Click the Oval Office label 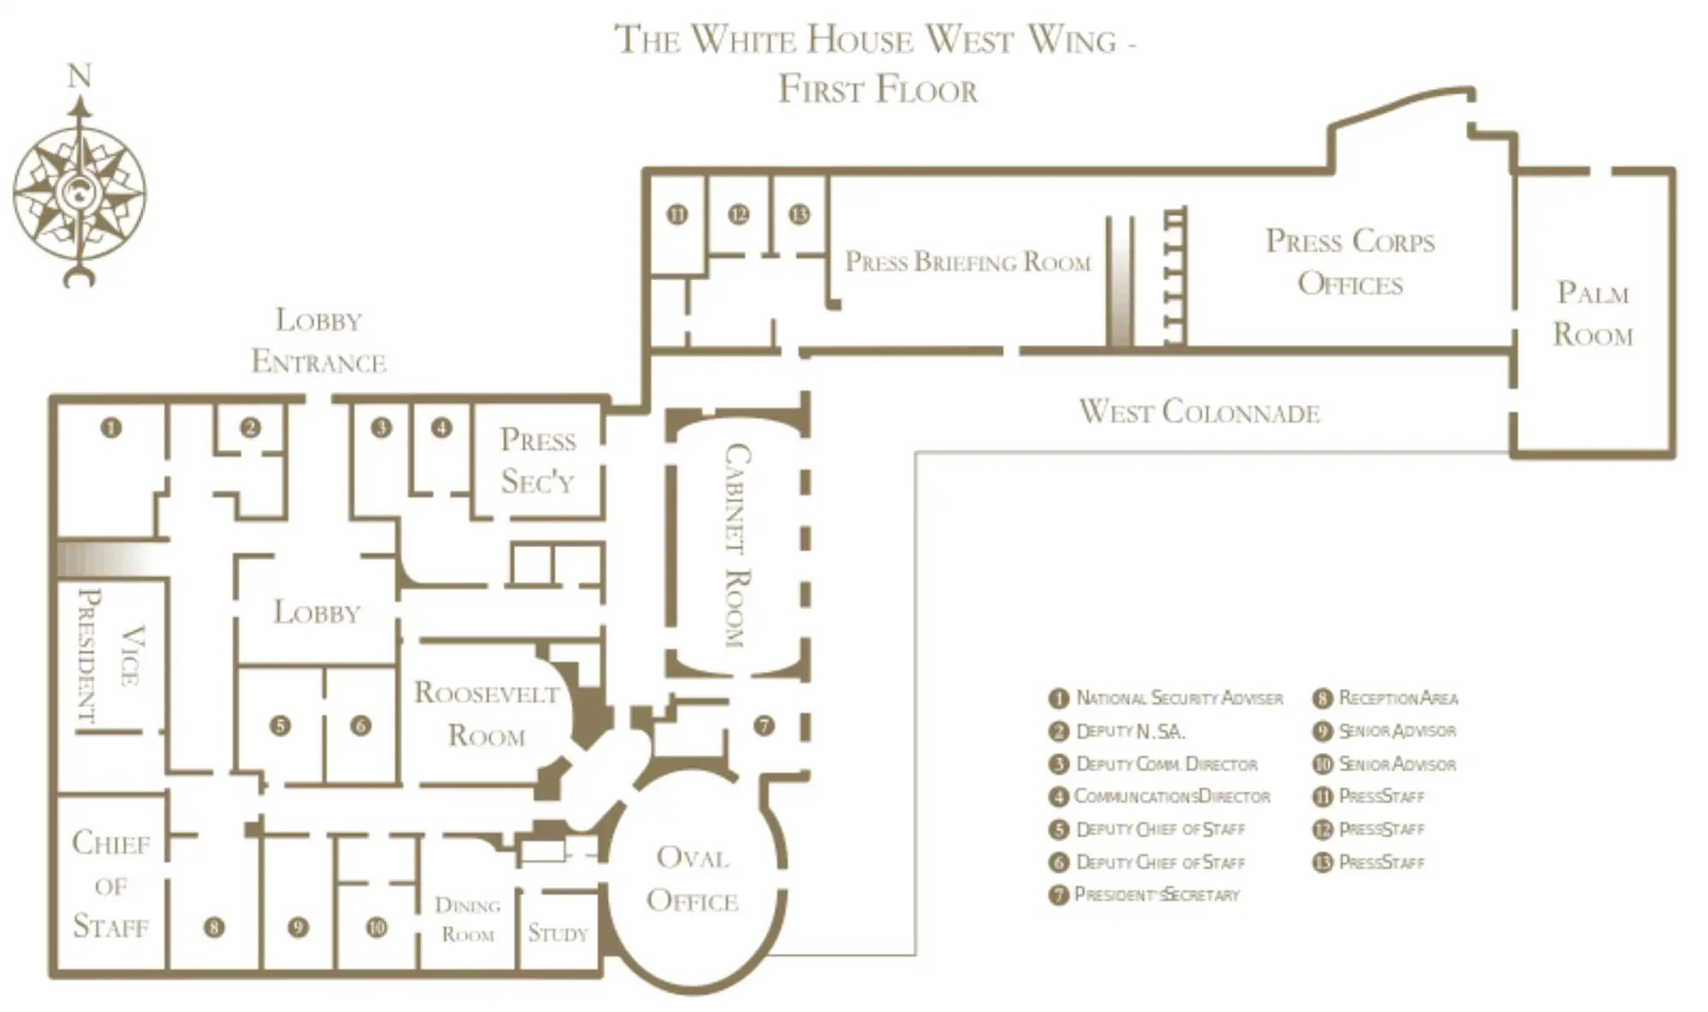point(693,879)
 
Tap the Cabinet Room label point(737,546)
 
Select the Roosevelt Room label point(487,714)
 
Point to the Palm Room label point(1593,313)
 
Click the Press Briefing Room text point(968,261)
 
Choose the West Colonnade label point(1199,412)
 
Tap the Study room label point(558,933)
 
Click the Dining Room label point(467,919)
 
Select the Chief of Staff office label point(111,885)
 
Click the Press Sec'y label point(538,461)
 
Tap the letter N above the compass point(79,76)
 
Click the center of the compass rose point(79,193)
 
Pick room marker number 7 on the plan point(763,726)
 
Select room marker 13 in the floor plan point(799,214)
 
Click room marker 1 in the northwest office point(111,427)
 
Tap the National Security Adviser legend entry point(1166,699)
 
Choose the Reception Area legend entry point(1385,699)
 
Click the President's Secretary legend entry point(1144,895)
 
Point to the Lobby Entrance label point(319,342)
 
